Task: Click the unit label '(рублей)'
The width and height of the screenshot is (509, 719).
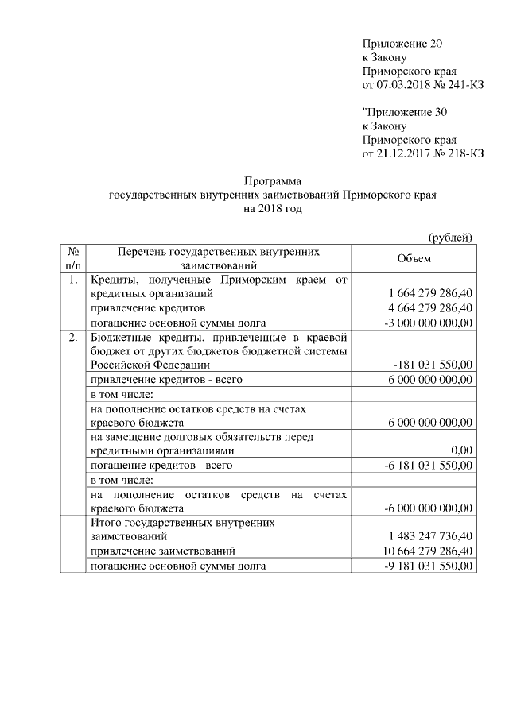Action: point(450,237)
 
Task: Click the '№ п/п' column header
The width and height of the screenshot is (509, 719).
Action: point(72,258)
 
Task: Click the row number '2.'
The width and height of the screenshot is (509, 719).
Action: point(72,337)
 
